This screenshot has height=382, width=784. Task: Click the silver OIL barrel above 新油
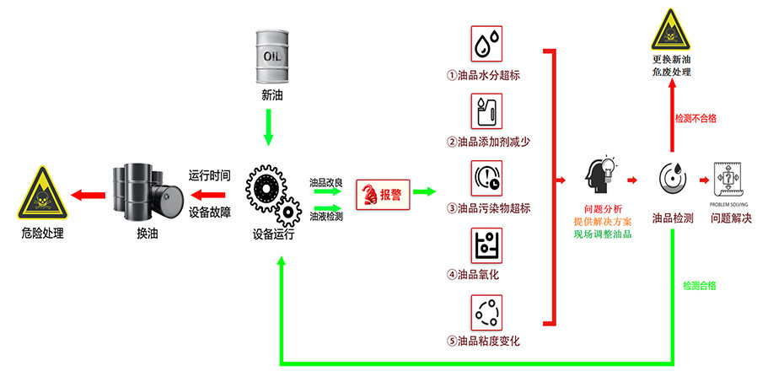click(x=271, y=56)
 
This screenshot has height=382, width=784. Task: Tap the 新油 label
click(x=271, y=94)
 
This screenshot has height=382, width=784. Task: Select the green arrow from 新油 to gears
click(x=269, y=127)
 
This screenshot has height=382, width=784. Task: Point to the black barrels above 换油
click(x=147, y=191)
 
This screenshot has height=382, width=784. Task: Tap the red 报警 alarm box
click(x=382, y=194)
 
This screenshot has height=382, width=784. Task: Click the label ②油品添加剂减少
click(x=488, y=141)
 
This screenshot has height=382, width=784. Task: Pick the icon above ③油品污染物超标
click(x=486, y=178)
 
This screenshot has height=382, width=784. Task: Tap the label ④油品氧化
click(x=473, y=274)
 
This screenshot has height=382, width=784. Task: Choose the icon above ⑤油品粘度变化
click(x=486, y=311)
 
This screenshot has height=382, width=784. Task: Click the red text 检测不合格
click(x=695, y=119)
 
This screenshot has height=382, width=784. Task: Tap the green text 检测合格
click(x=699, y=286)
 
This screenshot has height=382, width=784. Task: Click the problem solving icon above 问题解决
click(x=729, y=180)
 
